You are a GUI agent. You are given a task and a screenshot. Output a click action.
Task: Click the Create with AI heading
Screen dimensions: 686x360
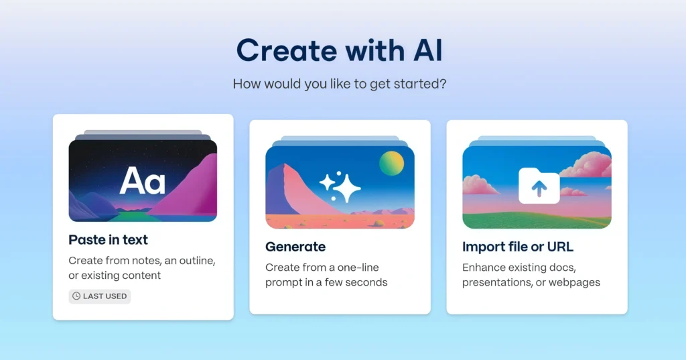point(340,50)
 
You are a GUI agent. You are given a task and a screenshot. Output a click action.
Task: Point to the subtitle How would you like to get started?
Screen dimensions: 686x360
point(340,84)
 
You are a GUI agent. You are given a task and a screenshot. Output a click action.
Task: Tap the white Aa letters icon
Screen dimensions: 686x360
point(143,180)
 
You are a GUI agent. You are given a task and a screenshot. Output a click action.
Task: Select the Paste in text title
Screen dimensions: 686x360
point(108,240)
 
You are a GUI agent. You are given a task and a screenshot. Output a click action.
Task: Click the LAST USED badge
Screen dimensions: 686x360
point(100,296)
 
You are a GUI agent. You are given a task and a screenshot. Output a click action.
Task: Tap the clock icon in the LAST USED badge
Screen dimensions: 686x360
point(76,296)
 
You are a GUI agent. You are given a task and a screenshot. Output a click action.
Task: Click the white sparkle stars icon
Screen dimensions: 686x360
point(340,187)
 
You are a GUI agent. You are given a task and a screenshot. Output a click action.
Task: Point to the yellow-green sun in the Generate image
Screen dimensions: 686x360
point(391,164)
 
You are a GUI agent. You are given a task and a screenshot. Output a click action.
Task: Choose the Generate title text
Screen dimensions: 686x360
point(295,247)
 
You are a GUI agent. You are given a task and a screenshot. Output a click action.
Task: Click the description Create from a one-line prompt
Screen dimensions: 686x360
point(326,275)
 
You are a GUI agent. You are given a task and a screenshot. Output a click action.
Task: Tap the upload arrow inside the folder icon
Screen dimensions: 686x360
point(539,189)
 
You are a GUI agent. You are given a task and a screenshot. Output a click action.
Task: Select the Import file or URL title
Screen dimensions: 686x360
point(518,247)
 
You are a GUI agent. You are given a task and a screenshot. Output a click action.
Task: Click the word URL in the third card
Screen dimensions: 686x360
point(560,247)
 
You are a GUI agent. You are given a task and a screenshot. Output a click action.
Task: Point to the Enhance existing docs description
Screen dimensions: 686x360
point(531,275)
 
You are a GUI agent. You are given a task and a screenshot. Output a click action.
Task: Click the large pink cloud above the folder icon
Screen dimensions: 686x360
point(586,164)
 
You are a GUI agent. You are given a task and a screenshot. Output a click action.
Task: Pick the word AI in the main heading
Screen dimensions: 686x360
point(428,50)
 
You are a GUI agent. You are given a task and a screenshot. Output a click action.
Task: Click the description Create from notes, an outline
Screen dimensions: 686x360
point(142,267)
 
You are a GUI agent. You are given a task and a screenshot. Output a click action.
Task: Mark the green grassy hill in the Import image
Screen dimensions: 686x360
point(537,219)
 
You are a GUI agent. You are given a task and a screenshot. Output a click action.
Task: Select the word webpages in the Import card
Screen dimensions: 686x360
point(574,282)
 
